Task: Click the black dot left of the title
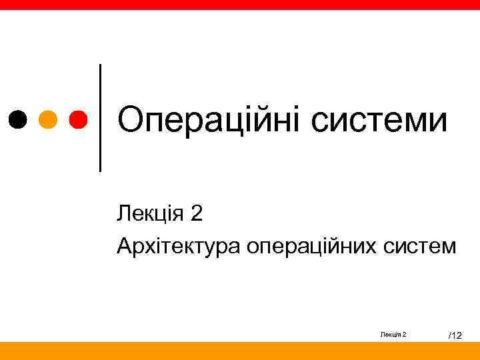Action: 17,119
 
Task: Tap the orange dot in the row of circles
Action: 48,119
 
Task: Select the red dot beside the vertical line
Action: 78,119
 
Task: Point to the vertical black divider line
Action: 101,117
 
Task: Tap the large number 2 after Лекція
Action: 196,214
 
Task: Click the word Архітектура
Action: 179,247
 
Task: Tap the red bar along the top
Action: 240,4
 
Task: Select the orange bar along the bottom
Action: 240,351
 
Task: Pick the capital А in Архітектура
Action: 124,247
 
